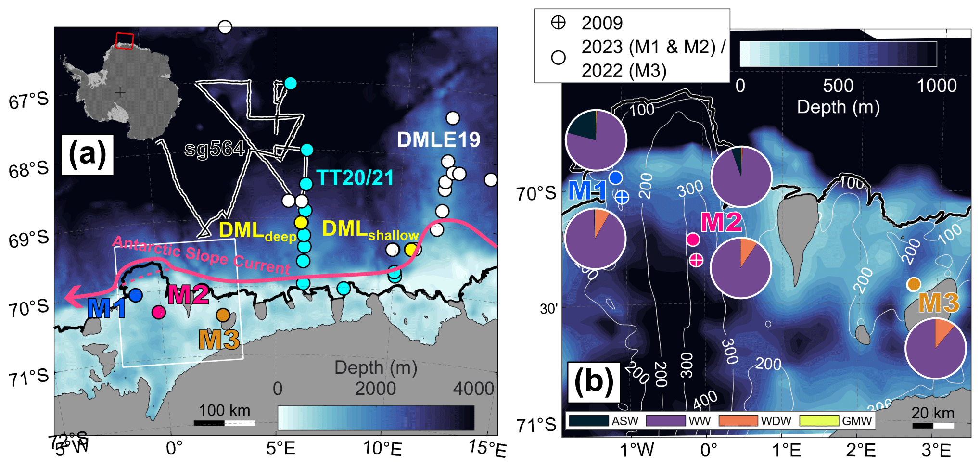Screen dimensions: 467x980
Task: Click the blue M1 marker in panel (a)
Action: click(136, 295)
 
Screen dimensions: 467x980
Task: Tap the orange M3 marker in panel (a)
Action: click(223, 315)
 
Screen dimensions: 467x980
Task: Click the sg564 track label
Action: click(215, 149)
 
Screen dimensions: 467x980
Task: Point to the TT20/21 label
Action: click(355, 178)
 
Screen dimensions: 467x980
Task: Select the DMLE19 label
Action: click(438, 140)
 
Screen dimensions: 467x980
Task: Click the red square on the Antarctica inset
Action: click(125, 41)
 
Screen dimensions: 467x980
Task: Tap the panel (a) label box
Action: click(88, 154)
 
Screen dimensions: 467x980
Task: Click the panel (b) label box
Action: click(594, 382)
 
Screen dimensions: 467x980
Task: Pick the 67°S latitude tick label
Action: click(29, 100)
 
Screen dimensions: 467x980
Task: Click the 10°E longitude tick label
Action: click(382, 448)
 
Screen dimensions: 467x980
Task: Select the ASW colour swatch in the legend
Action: click(588, 420)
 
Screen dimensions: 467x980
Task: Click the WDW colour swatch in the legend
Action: click(738, 420)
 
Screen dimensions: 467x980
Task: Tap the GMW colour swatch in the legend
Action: click(819, 420)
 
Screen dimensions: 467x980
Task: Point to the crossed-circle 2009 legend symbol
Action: click(558, 23)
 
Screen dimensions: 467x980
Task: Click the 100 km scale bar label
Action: click(225, 410)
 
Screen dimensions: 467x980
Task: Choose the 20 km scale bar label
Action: click(932, 413)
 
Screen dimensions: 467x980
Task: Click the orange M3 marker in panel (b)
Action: click(914, 284)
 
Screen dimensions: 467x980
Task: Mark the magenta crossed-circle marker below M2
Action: click(696, 260)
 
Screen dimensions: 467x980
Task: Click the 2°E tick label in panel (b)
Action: click(861, 450)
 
